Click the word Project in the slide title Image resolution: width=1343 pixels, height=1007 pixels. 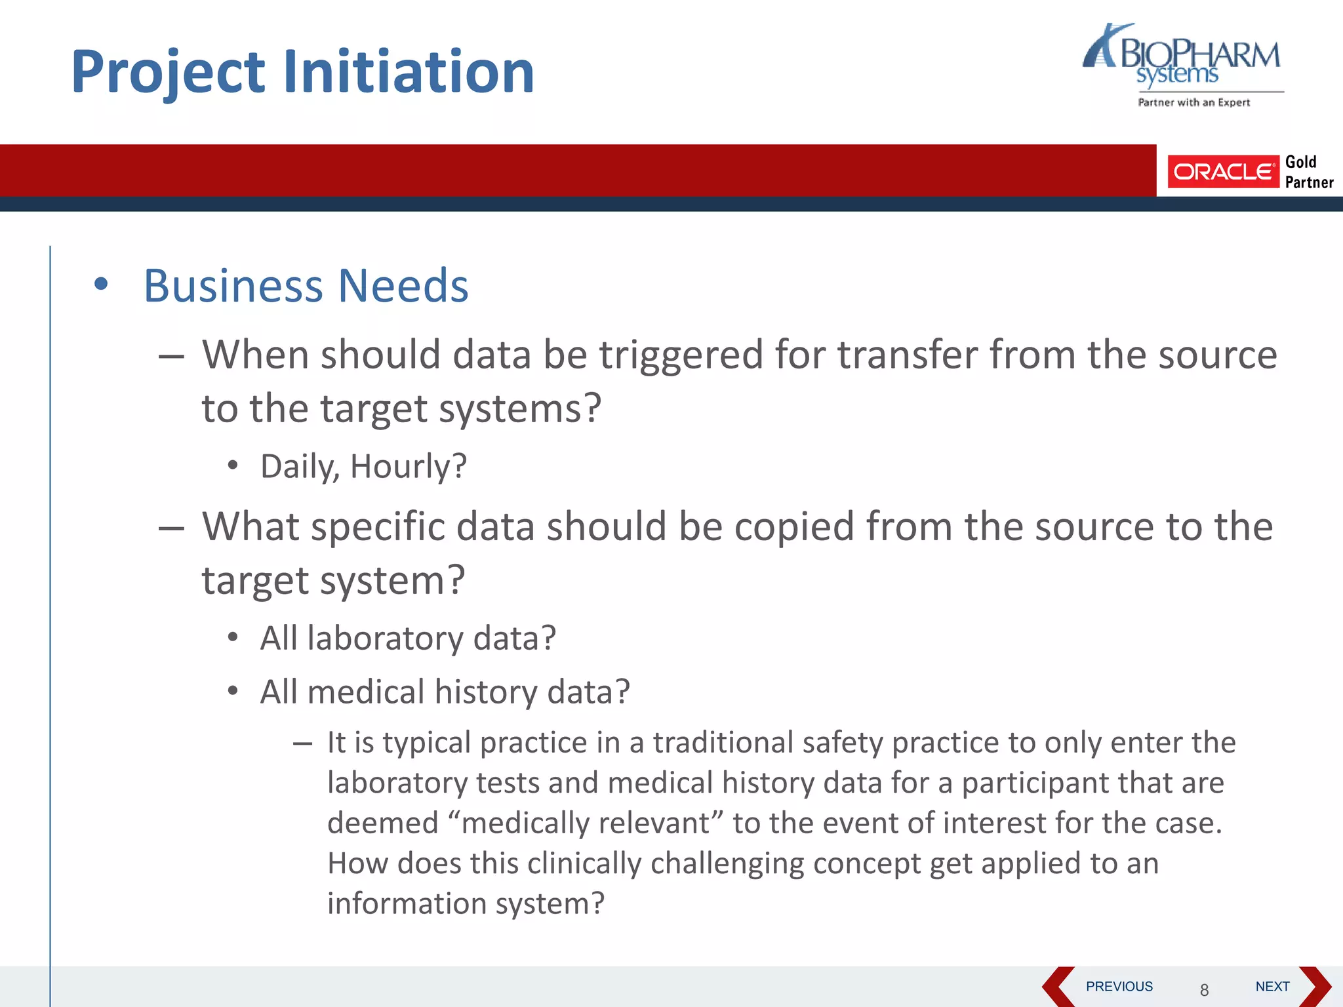[x=168, y=72]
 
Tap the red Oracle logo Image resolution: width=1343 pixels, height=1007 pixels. [x=1223, y=172]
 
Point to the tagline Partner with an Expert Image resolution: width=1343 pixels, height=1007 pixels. [x=1193, y=102]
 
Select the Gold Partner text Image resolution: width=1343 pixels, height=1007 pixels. [x=1308, y=172]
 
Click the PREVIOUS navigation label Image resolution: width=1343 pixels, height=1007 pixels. [x=1119, y=986]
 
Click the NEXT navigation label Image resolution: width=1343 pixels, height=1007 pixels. [x=1272, y=986]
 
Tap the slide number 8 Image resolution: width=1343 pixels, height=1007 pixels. [x=1204, y=990]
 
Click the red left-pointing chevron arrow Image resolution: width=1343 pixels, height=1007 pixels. [x=1057, y=986]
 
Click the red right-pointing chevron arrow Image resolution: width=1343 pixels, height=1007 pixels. [x=1315, y=986]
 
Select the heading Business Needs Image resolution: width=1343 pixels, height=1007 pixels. [x=306, y=286]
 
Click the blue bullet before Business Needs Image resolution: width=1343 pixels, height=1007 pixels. [x=100, y=285]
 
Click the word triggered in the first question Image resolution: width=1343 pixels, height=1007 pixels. [x=681, y=355]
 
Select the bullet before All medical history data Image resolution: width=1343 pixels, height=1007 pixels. [x=233, y=691]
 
